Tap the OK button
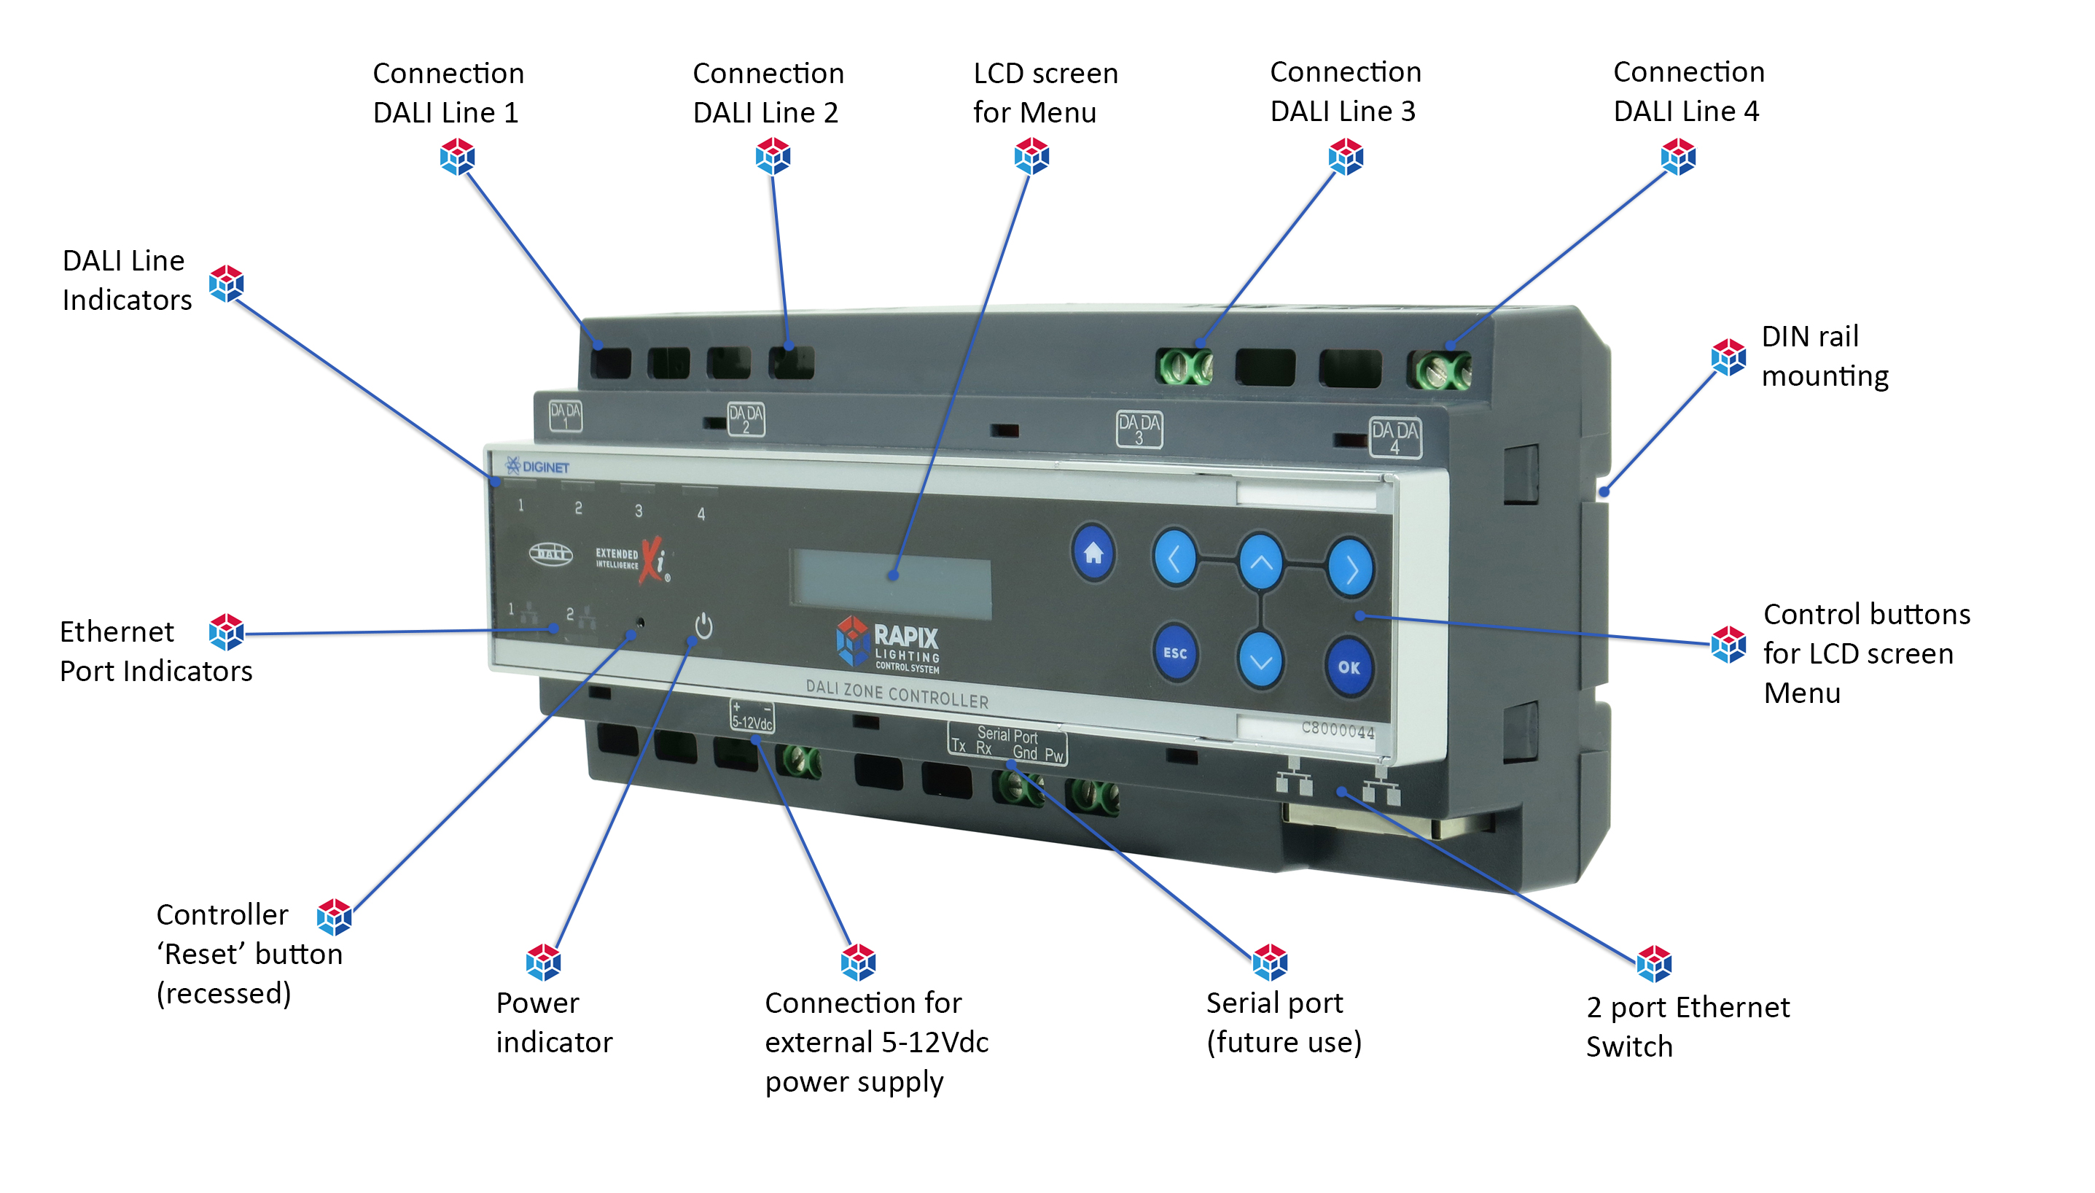click(1347, 667)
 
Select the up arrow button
click(1260, 562)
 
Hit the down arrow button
click(1260, 661)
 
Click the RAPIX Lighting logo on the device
click(888, 644)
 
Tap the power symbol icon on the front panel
click(703, 627)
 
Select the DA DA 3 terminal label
click(1139, 429)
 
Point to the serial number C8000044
click(1337, 729)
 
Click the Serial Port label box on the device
click(1007, 743)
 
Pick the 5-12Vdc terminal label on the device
click(751, 716)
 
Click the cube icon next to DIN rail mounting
click(1728, 357)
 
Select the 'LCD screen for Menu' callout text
click(1045, 93)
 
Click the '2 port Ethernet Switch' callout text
click(1686, 1026)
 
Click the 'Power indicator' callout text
click(553, 1022)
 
